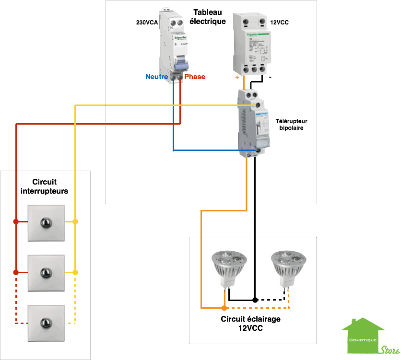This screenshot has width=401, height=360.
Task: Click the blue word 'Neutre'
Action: click(157, 77)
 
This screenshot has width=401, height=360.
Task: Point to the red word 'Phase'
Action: click(195, 77)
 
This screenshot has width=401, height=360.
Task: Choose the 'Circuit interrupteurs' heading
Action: click(45, 186)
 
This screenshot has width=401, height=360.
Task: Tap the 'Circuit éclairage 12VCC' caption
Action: click(250, 324)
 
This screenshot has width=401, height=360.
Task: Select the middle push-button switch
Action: click(46, 273)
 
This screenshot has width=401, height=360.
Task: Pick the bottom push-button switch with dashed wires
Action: click(46, 323)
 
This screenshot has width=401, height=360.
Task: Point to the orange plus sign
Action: click(236, 77)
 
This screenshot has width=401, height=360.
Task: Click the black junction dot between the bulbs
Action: click(255, 300)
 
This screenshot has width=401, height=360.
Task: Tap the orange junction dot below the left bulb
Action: click(224, 307)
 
